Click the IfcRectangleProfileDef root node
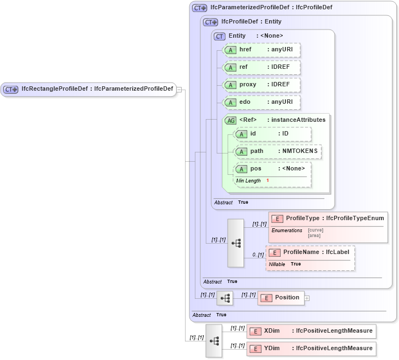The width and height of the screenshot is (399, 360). pos(88,89)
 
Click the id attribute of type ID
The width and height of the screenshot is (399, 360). pos(272,134)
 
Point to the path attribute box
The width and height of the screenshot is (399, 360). pos(277,151)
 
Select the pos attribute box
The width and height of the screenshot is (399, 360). pos(272,169)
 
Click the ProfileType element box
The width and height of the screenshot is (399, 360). pos(328,219)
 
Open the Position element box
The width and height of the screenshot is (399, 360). pos(281,298)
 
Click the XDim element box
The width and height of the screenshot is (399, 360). pos(311,331)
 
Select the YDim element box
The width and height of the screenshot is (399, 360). pos(311,349)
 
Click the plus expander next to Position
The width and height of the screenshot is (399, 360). pos(307,298)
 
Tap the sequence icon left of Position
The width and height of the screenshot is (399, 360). pos(225,298)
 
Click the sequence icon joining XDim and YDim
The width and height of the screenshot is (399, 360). pos(214,340)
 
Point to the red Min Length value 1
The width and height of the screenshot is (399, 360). pos(268,181)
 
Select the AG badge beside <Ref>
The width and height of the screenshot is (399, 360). pos(230,120)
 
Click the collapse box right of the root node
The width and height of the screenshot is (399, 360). pos(179,90)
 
